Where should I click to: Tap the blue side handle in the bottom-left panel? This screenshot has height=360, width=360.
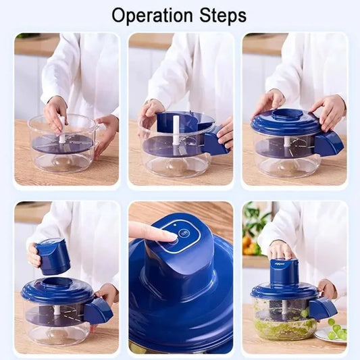(x=98, y=310)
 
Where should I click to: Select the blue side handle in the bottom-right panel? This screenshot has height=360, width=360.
(x=322, y=308)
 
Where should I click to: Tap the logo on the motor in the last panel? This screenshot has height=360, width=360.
(x=284, y=265)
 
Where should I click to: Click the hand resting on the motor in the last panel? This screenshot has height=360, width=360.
(x=280, y=249)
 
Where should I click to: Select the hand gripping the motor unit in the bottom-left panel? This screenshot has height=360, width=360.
(x=34, y=255)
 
